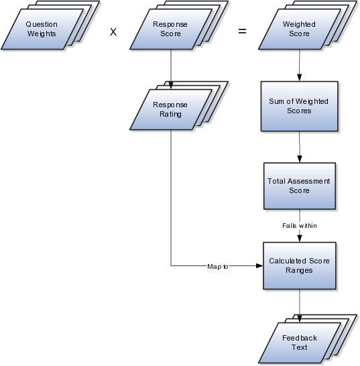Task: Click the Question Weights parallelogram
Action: coord(42,29)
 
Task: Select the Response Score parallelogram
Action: coord(171,29)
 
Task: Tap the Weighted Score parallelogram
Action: coord(299,29)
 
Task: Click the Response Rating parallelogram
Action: coord(171,110)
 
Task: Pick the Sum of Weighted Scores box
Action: coord(299,106)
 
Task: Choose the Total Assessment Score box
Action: coord(300,186)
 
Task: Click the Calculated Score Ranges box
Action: coord(300,266)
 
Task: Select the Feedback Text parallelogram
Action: coord(299,343)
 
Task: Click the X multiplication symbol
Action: coord(113,32)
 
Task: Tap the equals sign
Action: coord(242,31)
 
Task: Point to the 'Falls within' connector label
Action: coord(300,226)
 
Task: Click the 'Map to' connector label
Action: coord(218,267)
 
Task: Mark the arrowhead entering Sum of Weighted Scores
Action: coord(299,78)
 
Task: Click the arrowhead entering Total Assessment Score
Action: coord(300,159)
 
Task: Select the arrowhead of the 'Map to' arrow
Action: coord(259,265)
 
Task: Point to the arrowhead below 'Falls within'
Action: coord(300,239)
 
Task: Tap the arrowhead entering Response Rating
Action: coord(171,86)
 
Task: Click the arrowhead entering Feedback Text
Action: coord(299,319)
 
